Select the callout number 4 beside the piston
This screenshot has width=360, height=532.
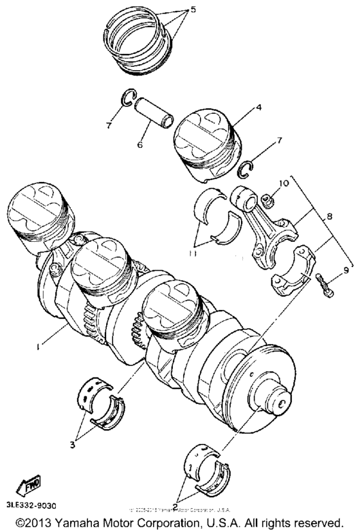[258, 109]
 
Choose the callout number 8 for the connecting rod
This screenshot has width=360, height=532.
[329, 217]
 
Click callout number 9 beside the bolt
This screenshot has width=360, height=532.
[345, 270]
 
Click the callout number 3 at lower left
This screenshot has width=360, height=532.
[75, 444]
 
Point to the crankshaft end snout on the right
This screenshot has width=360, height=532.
[278, 401]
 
